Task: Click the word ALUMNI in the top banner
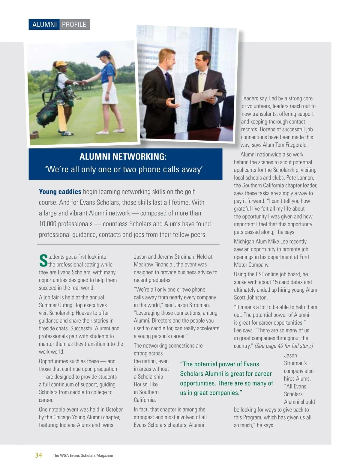pos(44,25)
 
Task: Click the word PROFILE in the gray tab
pos(74,25)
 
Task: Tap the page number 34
pos(38,455)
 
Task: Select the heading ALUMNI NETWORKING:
pos(123,157)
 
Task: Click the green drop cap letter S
pos(43,260)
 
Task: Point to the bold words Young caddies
pos(60,192)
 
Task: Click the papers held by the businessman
pos(210,96)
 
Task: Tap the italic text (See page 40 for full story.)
pos(283,346)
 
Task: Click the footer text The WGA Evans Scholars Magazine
pos(83,455)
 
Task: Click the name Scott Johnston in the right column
pos(250,298)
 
